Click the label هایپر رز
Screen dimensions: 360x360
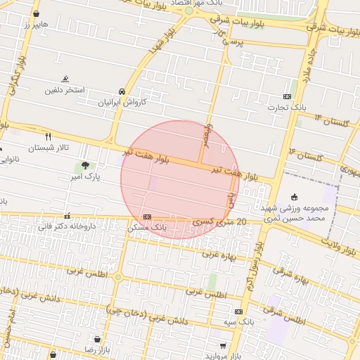coord(34,25)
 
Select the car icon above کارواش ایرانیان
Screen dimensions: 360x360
coord(122,91)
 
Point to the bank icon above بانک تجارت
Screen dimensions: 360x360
coord(287,96)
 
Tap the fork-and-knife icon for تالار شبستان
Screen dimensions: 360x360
coord(48,136)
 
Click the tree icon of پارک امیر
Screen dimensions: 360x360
coord(85,166)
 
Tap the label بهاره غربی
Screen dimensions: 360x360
coord(221,256)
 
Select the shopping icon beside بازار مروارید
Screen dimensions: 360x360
coord(224,346)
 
